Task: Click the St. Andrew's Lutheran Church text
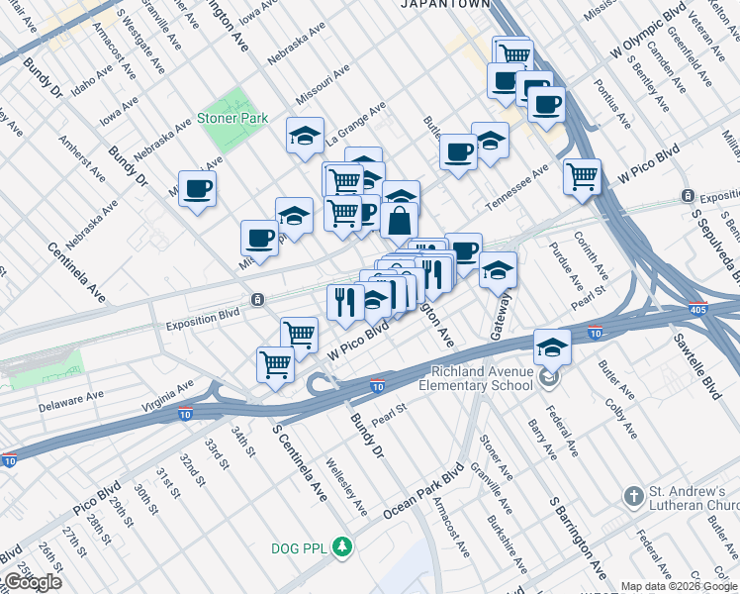tap(694, 502)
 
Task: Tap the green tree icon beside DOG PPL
tap(341, 546)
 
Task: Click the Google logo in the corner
tap(32, 582)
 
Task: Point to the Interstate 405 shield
tap(698, 308)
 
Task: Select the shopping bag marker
tap(400, 221)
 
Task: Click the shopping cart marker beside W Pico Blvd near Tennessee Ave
tap(583, 177)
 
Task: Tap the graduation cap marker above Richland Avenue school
tap(553, 346)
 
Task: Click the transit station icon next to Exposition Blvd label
tap(257, 299)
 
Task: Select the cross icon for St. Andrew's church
tap(633, 494)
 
